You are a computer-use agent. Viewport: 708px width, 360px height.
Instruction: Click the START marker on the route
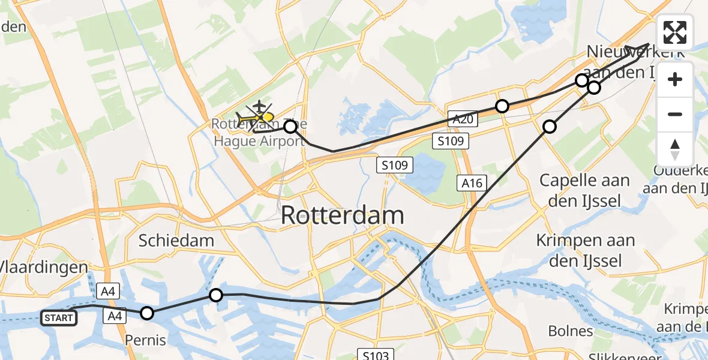pos(59,318)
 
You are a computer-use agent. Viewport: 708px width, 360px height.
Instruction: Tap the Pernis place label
pos(145,340)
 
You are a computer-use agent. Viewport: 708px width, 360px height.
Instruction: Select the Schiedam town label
pos(176,241)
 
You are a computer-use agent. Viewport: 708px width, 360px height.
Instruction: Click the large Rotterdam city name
pos(342,215)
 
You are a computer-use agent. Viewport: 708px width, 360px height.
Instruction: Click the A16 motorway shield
pos(472,183)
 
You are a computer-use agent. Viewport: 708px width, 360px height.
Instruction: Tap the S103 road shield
pos(376,355)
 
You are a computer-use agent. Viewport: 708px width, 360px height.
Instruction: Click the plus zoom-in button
pos(675,80)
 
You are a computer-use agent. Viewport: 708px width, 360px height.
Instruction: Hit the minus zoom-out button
pos(675,114)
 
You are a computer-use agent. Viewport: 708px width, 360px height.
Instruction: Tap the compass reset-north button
pos(675,149)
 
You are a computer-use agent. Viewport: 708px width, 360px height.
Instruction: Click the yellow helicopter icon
pos(262,118)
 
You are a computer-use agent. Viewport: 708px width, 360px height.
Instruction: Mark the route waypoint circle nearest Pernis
pos(147,313)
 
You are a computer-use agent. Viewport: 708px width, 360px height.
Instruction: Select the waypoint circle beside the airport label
pos(290,127)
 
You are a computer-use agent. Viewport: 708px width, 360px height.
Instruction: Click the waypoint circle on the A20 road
pos(502,106)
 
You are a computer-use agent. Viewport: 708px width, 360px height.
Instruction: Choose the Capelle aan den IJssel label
pos(584,190)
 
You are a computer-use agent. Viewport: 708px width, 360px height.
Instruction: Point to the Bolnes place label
pos(571,331)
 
